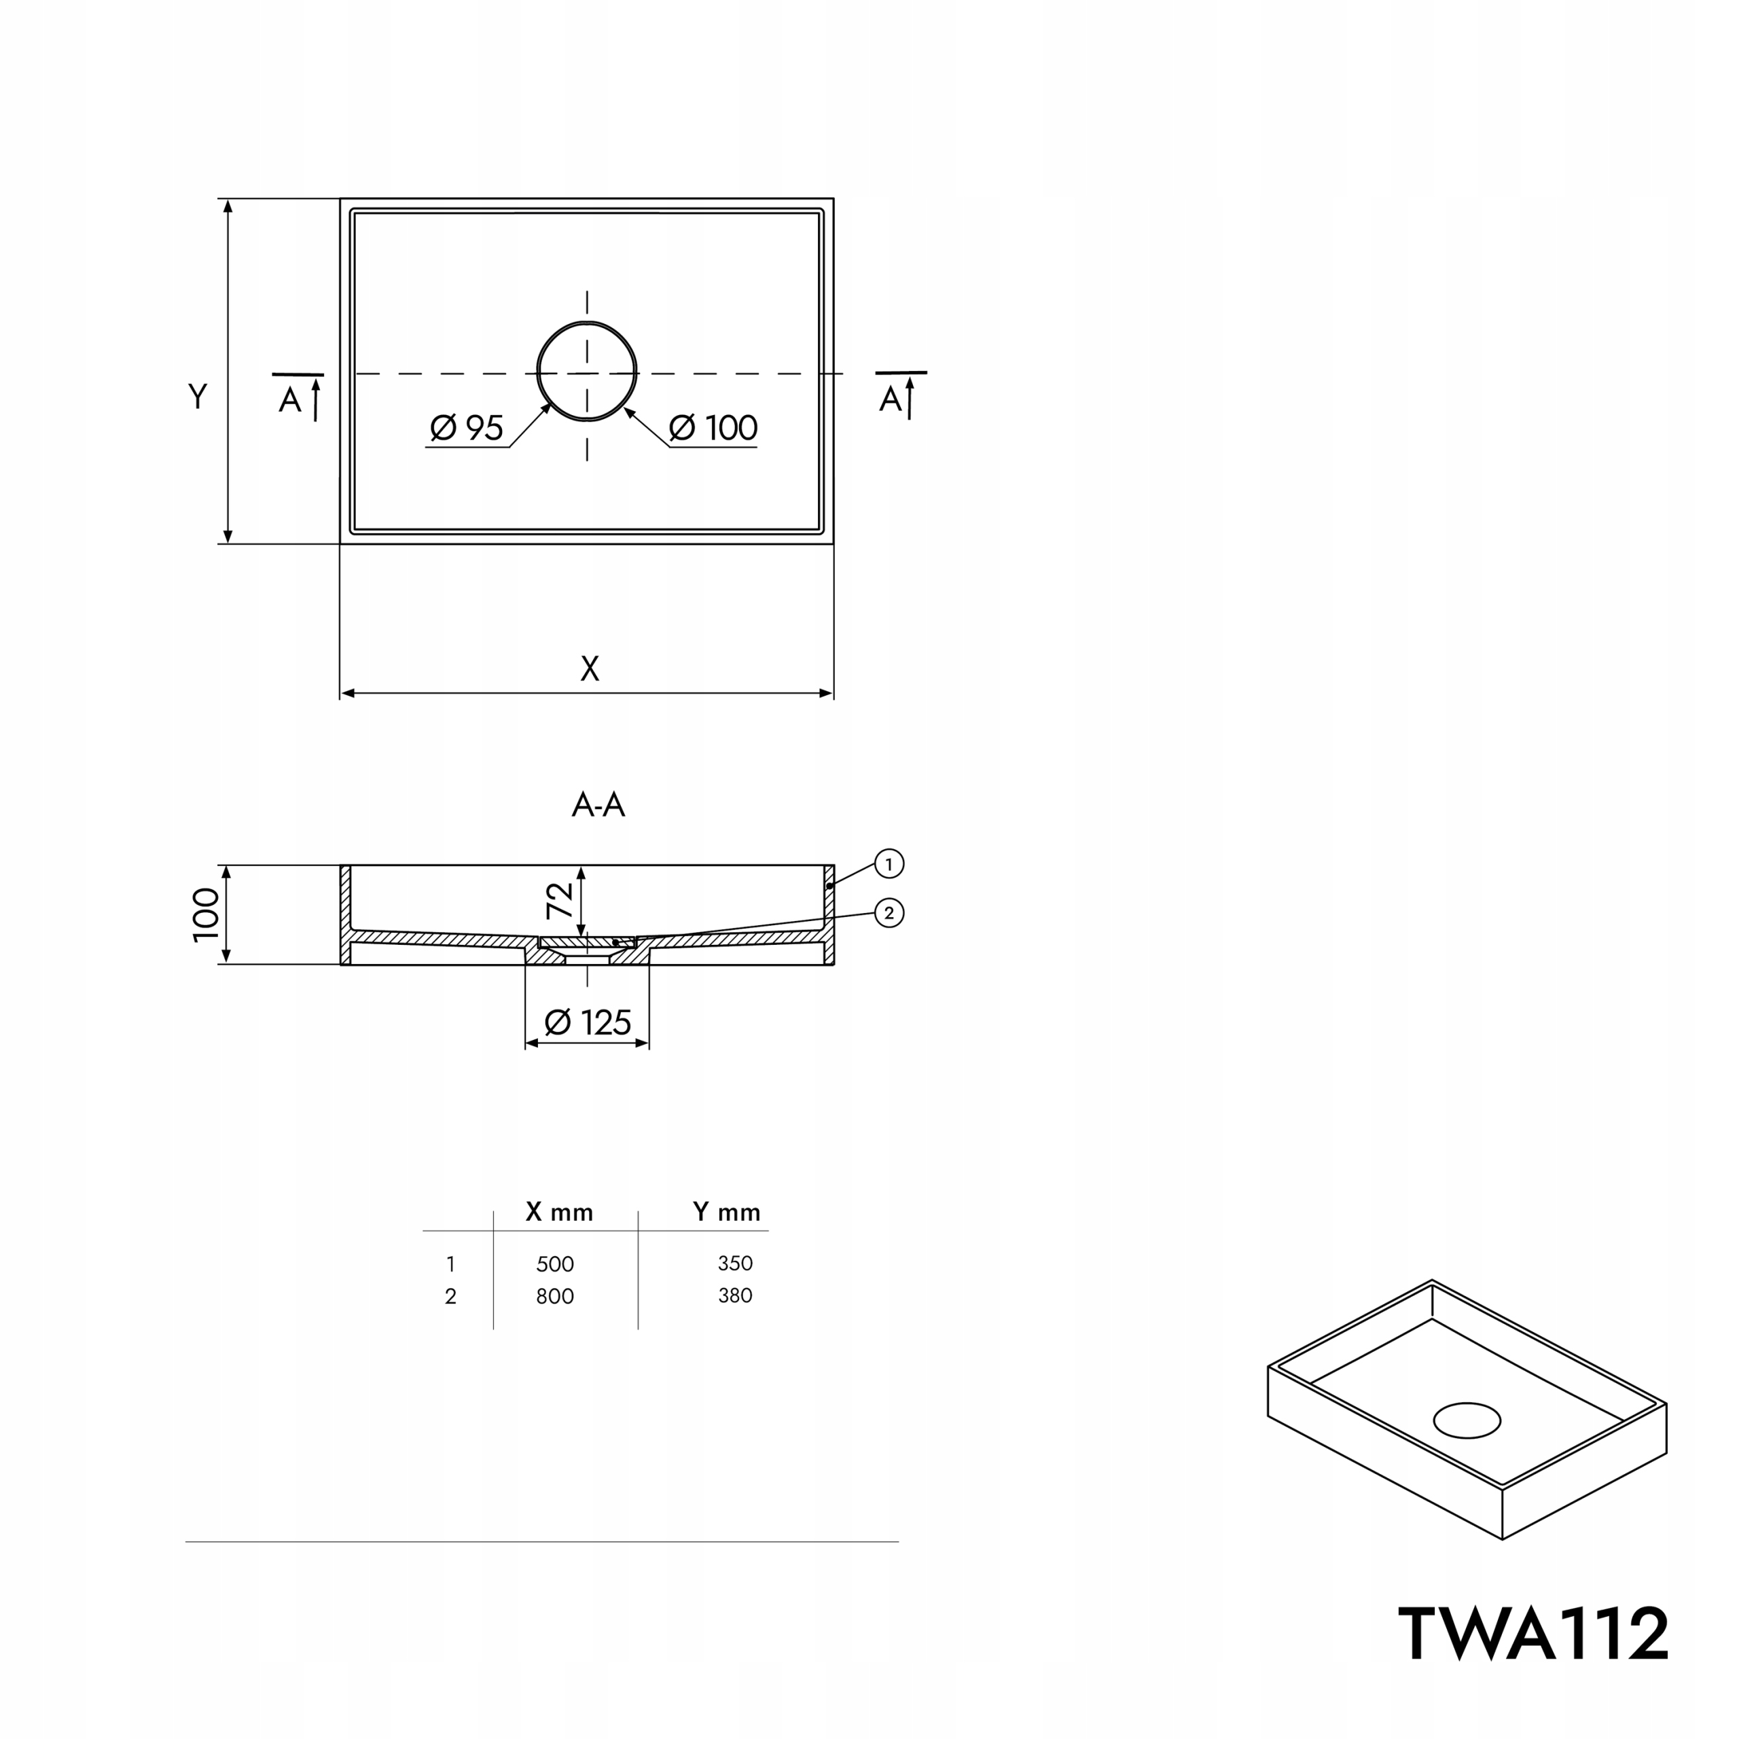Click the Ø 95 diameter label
[466, 427]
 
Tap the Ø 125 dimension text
[588, 1022]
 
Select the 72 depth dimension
[559, 900]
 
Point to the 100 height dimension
[206, 914]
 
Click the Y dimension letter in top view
[198, 396]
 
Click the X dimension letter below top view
[590, 669]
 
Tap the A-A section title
[598, 805]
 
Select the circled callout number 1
[889, 864]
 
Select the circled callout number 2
[889, 914]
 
